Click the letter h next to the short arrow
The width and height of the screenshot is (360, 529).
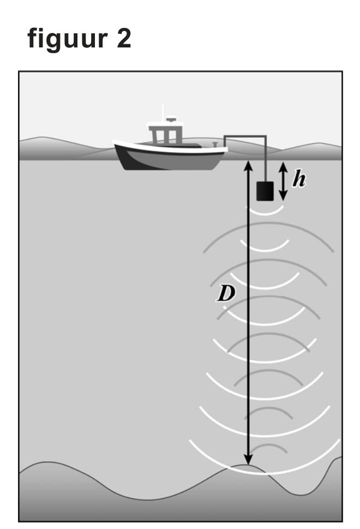pyautogui.click(x=298, y=179)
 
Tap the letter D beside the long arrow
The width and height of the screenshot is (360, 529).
pyautogui.click(x=224, y=294)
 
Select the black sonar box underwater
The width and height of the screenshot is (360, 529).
pyautogui.click(x=266, y=190)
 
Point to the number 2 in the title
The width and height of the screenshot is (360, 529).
pyautogui.click(x=124, y=39)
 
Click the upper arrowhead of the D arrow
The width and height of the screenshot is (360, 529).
pyautogui.click(x=248, y=165)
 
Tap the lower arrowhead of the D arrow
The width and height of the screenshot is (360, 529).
pyautogui.click(x=248, y=460)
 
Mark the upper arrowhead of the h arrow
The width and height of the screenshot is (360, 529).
pyautogui.click(x=283, y=166)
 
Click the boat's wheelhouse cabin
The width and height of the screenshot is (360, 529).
pyautogui.click(x=165, y=134)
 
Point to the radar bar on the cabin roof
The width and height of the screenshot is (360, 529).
pyautogui.click(x=171, y=119)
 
